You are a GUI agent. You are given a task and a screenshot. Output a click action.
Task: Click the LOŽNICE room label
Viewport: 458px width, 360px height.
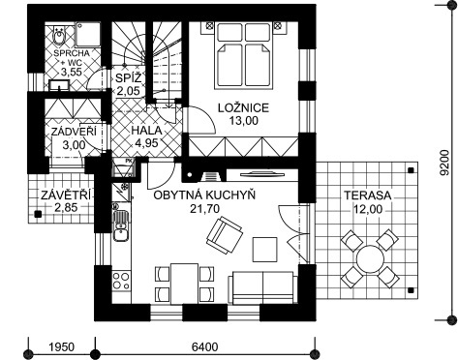coord(243,107)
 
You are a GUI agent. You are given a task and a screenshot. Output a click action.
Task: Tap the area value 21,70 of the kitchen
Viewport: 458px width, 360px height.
coord(204,209)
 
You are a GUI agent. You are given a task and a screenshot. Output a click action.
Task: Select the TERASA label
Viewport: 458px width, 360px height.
coord(367,195)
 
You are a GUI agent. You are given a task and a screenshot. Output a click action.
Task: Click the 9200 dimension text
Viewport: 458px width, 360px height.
coord(445,163)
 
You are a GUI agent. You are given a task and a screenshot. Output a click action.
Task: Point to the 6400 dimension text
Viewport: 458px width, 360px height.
coord(204,347)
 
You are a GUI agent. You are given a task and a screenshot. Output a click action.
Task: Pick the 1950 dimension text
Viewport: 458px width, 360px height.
coord(61,347)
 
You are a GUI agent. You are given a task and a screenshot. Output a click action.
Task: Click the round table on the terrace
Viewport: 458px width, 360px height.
coord(370,259)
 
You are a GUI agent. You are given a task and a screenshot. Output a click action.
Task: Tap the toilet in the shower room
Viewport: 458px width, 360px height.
coord(59,36)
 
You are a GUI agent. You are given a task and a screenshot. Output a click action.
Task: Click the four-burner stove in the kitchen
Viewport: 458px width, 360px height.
coord(121,282)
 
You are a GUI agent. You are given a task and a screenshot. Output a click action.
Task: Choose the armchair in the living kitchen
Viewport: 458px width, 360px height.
coord(225,235)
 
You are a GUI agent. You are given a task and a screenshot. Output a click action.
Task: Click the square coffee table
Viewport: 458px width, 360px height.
coord(265,250)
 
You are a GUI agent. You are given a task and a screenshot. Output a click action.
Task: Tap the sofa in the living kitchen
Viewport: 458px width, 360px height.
coord(261,287)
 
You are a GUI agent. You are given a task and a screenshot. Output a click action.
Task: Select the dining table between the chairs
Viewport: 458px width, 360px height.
coord(184,284)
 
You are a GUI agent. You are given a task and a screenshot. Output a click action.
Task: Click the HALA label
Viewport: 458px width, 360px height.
coord(146,131)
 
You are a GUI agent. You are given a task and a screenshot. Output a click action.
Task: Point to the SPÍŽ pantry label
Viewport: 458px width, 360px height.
coord(129,77)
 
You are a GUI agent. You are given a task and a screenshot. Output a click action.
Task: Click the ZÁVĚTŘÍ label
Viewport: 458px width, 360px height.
coord(66,195)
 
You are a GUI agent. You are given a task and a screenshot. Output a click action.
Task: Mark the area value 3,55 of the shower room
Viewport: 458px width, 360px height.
coord(72,72)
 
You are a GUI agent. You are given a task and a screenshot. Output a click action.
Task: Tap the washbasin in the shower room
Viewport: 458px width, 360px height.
coord(59,85)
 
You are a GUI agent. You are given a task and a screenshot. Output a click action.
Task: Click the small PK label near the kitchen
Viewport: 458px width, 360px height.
coord(128,161)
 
